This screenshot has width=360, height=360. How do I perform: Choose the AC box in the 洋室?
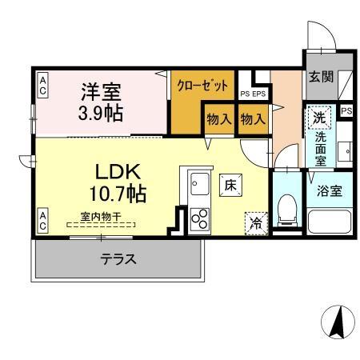[43, 85]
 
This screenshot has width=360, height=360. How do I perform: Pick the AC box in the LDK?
[43, 218]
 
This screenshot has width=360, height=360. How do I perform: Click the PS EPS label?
[253, 94]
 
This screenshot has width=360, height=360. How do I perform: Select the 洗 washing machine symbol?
[319, 117]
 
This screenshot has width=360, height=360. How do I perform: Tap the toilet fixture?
[286, 210]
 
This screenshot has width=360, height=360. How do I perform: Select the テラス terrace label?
[117, 259]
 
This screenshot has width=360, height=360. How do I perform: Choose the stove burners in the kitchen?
[198, 218]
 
